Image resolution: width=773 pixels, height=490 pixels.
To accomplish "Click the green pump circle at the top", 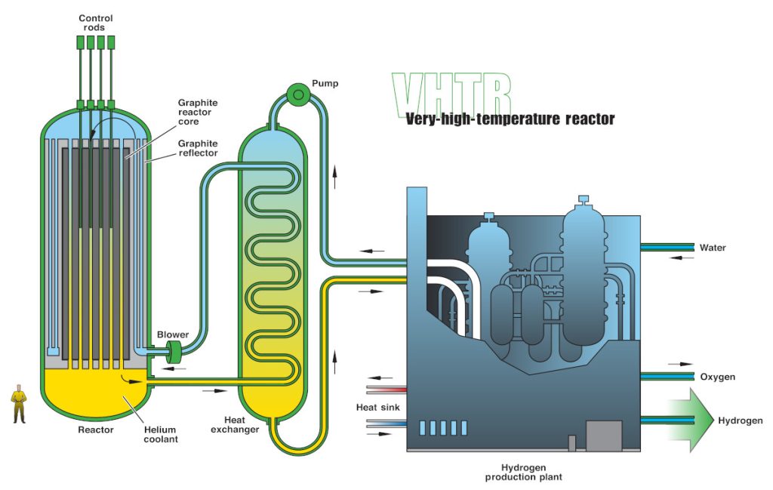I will pos(298,94).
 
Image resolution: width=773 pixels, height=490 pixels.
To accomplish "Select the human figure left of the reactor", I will pos(19,403).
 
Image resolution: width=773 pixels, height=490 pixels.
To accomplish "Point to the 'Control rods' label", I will pos(96,23).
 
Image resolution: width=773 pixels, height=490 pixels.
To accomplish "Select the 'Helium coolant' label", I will pos(161,434).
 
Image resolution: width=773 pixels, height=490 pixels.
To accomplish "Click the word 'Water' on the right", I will pos(713,248).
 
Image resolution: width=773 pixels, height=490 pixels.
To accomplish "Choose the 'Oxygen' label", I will pos(717,377).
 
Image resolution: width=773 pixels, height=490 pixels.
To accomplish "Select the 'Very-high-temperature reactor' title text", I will pos(510,119).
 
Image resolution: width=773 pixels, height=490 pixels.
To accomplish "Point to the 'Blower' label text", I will pos(173,334).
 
